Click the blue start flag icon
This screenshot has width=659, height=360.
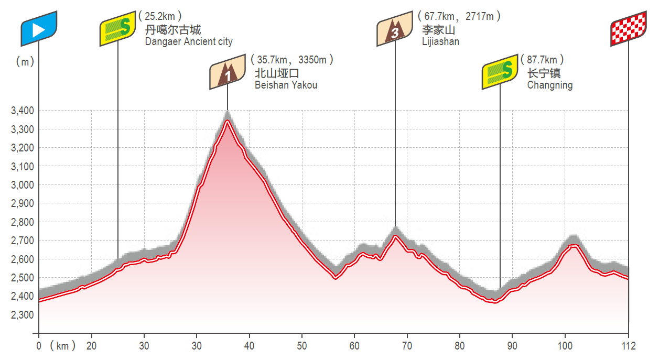(39, 29)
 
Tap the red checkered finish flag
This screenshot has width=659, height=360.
(628, 29)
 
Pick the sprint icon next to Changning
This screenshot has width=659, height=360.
(500, 71)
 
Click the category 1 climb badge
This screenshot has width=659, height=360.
(228, 72)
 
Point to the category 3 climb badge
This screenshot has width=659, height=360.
(395, 29)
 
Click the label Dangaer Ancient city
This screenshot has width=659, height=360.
(189, 42)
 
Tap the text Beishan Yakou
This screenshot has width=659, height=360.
(286, 85)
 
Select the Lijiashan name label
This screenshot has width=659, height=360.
(440, 42)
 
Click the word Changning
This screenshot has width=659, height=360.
(550, 85)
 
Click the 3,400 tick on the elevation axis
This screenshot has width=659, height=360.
(22, 111)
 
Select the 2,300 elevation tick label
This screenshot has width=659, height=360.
(22, 314)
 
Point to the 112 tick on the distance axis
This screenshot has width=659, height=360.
(628, 346)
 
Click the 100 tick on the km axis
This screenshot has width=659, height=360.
(565, 346)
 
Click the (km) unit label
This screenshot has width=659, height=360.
(63, 346)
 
